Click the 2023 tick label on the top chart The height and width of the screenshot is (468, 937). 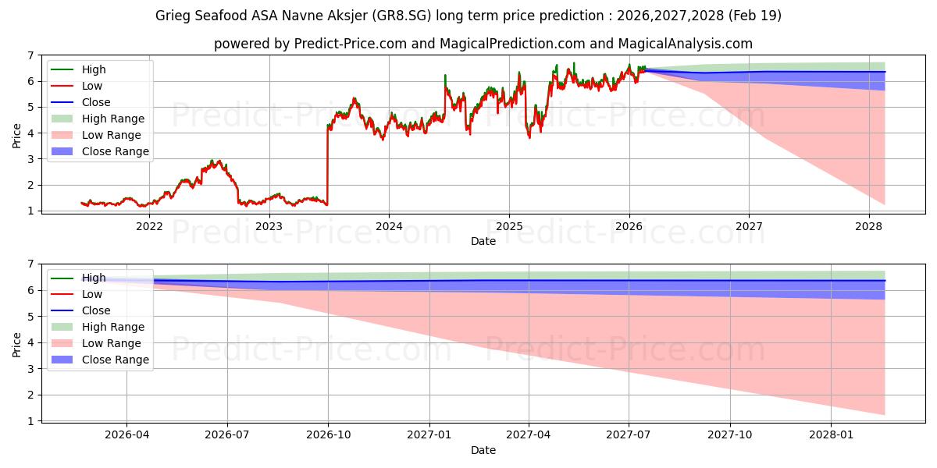[269, 226]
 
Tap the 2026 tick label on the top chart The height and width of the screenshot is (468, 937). [629, 226]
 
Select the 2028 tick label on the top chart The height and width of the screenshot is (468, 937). [868, 226]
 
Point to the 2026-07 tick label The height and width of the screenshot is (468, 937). [227, 435]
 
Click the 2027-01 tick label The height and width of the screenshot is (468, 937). [429, 435]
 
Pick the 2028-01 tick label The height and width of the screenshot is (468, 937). [831, 435]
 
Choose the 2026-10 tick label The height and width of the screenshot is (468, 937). [329, 435]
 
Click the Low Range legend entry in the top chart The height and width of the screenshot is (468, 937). [96, 135]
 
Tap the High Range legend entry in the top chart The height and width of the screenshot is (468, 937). [98, 119]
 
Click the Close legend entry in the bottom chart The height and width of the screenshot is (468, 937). [80, 310]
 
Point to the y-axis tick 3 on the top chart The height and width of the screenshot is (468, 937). [30, 159]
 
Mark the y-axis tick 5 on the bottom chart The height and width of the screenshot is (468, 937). [30, 317]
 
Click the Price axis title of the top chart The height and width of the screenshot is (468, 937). [16, 136]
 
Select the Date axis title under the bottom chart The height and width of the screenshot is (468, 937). [483, 450]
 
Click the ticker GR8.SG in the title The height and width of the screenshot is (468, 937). [401, 16]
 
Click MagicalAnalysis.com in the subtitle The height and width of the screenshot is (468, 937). [685, 44]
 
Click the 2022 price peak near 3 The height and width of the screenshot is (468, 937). [212, 161]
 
